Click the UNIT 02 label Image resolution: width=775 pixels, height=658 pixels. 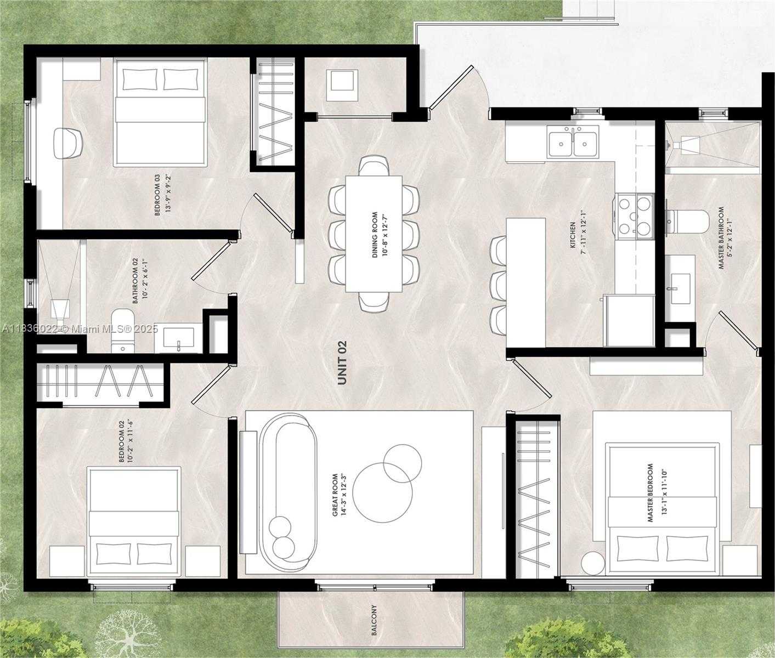pos(342,363)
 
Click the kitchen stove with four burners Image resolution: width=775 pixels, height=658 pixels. pos(635,217)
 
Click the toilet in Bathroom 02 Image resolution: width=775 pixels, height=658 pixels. pos(122,331)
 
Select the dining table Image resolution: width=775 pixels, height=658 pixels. pos(374,234)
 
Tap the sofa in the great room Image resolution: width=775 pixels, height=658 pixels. pos(288,490)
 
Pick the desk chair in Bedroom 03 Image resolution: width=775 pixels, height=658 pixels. pos(68,143)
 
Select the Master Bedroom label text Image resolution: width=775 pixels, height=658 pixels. pos(650,493)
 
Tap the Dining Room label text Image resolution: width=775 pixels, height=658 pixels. pos(375,235)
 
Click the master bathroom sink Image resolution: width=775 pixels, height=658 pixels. pos(679,282)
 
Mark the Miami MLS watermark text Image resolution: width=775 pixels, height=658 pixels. pos(80,329)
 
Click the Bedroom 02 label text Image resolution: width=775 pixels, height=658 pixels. pos(122,442)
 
